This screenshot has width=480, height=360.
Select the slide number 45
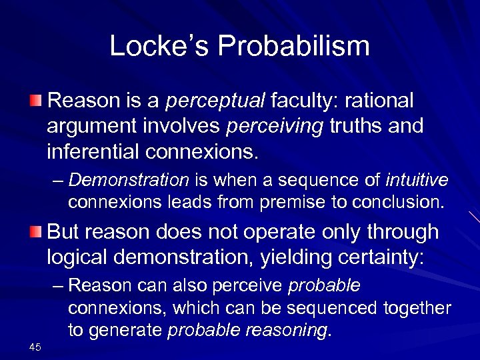click(35, 346)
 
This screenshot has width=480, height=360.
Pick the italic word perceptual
click(215, 101)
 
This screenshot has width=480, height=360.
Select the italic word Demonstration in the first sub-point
click(129, 180)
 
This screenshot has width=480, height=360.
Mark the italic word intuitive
click(417, 180)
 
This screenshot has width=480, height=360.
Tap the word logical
click(80, 257)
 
